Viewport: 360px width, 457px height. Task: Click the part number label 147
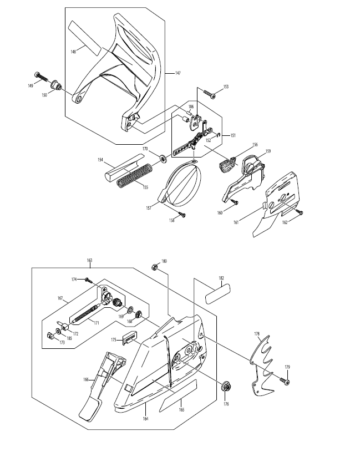[178, 73]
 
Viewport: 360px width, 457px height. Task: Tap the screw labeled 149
[41, 77]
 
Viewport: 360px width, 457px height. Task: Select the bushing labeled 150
[56, 85]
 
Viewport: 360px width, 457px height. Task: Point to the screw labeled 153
[210, 94]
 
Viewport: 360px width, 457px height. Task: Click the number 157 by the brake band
[149, 208]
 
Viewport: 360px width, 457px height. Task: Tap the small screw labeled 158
[182, 215]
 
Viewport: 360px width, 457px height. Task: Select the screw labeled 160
[234, 201]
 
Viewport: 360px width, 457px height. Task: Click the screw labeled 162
[299, 212]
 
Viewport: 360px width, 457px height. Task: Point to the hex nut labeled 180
[155, 267]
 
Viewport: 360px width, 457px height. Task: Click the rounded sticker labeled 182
[218, 294]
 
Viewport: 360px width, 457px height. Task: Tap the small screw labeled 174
[88, 280]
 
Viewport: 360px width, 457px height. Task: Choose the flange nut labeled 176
[226, 387]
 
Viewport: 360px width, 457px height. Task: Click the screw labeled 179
[285, 381]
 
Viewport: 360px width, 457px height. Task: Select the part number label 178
[257, 334]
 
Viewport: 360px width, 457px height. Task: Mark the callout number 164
[145, 419]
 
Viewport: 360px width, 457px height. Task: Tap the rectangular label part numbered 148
[85, 38]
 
